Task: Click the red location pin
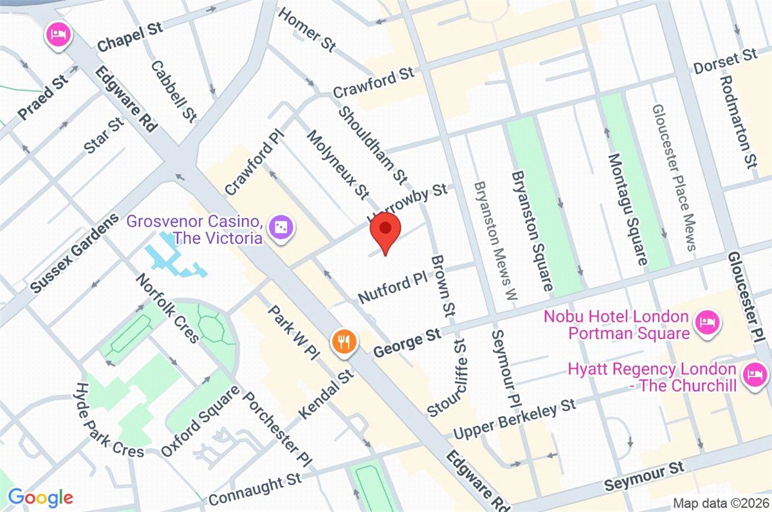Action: click(x=385, y=232)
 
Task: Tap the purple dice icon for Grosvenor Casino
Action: click(x=281, y=227)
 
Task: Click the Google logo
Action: click(x=40, y=497)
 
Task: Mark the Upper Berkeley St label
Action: click(x=515, y=419)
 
